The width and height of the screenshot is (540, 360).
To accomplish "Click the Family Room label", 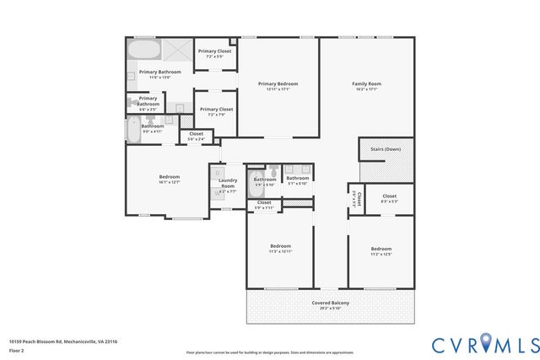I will pyautogui.click(x=367, y=83).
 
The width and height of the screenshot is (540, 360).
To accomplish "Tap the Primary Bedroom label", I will pyautogui.click(x=278, y=83).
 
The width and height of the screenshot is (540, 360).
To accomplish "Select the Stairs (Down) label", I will pyautogui.click(x=386, y=149).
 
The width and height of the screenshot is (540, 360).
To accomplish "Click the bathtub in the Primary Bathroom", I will pyautogui.click(x=143, y=48).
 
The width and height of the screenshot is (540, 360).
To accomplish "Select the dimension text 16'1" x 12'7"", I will pyautogui.click(x=169, y=182).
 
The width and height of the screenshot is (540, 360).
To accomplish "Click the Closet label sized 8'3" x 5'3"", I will pyautogui.click(x=389, y=201).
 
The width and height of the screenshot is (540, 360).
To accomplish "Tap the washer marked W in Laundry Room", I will pyautogui.click(x=217, y=193).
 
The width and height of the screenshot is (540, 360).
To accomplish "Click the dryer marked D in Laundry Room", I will pyautogui.click(x=217, y=173).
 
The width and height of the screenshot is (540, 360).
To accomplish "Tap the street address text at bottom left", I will pyautogui.click(x=63, y=341).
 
